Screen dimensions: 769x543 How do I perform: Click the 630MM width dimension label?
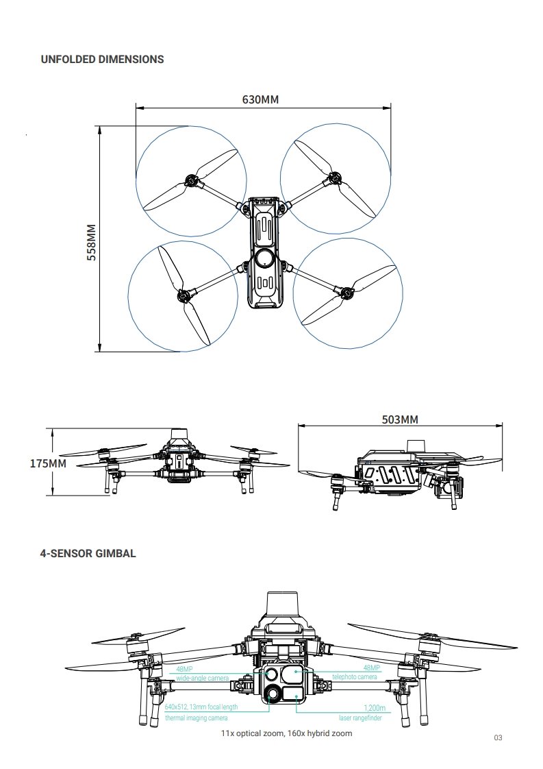tap(260, 99)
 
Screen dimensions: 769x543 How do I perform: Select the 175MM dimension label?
tap(48, 463)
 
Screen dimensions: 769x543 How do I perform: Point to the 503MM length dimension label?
tap(400, 419)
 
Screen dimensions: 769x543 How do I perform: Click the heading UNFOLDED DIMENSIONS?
tap(103, 60)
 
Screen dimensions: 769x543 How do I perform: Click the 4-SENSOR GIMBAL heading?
tap(88, 554)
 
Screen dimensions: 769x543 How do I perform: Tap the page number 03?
tap(498, 737)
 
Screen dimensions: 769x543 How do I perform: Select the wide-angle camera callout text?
tap(203, 678)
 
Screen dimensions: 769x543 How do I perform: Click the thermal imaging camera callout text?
tap(197, 718)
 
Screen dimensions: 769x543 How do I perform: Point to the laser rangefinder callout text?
tap(360, 718)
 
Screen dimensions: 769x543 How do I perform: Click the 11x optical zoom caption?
tap(287, 733)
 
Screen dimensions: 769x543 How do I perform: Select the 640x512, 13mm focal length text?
tap(201, 707)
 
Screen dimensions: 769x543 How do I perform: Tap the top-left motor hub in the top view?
tap(192, 182)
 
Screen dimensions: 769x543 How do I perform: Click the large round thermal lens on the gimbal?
tap(274, 694)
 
